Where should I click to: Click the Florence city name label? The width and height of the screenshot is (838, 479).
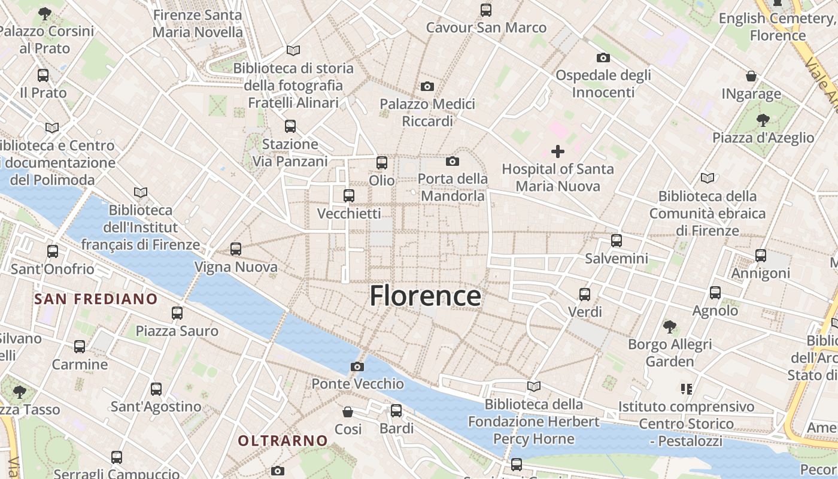click(x=425, y=296)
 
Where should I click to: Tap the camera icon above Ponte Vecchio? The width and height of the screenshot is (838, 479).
click(x=357, y=366)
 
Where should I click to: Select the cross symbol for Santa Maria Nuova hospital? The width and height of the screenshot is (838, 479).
click(x=558, y=151)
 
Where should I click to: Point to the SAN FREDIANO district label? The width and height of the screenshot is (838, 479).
click(x=96, y=299)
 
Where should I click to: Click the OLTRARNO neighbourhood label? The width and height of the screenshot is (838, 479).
click(x=283, y=441)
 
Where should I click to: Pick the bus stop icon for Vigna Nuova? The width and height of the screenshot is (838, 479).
click(x=236, y=248)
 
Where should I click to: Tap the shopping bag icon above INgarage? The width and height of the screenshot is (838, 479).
click(x=751, y=76)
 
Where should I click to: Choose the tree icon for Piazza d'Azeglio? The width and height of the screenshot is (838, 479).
click(x=763, y=120)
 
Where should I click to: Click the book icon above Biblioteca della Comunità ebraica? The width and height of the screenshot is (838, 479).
click(x=708, y=178)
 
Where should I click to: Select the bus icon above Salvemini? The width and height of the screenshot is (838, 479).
click(x=617, y=241)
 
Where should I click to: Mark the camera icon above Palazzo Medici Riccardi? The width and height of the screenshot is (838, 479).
click(x=427, y=87)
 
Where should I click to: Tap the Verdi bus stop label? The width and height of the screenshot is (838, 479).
click(x=585, y=312)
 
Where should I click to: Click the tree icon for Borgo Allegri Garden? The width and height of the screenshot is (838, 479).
click(x=670, y=326)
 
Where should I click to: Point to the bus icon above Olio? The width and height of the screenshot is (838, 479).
click(x=382, y=162)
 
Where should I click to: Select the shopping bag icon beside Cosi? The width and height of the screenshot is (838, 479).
click(x=348, y=412)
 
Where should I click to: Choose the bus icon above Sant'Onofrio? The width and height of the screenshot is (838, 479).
click(x=53, y=251)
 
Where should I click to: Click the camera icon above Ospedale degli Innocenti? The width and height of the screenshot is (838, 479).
click(x=603, y=58)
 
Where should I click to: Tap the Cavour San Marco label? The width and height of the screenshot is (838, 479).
click(x=486, y=28)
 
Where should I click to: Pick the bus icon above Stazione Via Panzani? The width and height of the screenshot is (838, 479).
click(x=290, y=126)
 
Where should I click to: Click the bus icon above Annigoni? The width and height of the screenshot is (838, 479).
click(x=761, y=256)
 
